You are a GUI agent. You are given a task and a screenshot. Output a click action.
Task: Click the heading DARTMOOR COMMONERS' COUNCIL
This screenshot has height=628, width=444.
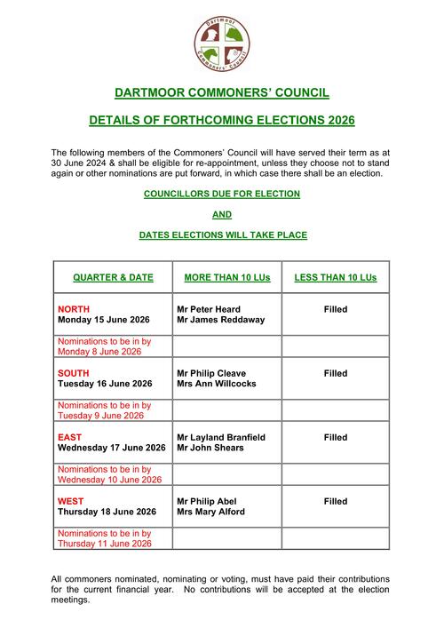[222, 91]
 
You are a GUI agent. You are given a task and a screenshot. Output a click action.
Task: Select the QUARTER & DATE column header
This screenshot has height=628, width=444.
[113, 278]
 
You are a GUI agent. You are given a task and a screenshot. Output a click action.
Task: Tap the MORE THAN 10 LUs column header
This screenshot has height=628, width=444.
[226, 278]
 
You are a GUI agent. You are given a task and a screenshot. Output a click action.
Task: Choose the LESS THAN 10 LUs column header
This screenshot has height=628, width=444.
[335, 278]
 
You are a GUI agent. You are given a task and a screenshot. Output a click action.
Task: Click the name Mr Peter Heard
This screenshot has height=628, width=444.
[209, 309]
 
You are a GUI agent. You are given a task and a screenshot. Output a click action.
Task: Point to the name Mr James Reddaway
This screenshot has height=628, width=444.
[220, 320]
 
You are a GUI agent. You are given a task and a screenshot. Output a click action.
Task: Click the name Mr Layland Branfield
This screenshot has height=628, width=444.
[221, 437]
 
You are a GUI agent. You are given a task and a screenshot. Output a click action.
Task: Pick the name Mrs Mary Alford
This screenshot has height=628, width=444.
[210, 512]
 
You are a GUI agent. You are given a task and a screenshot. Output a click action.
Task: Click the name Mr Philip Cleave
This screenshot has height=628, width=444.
[211, 373]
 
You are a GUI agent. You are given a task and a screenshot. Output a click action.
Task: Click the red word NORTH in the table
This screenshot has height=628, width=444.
[74, 309]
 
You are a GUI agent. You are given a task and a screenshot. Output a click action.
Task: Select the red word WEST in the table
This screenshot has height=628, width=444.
[71, 501]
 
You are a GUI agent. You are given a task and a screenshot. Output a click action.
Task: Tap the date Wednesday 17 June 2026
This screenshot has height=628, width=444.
[112, 448]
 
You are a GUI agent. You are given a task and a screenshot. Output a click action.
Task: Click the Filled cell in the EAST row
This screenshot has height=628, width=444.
[335, 437]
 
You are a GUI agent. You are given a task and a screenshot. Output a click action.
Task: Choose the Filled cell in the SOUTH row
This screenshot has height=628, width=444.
[335, 373]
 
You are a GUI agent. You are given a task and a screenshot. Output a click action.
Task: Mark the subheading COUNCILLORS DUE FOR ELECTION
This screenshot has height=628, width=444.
[222, 194]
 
